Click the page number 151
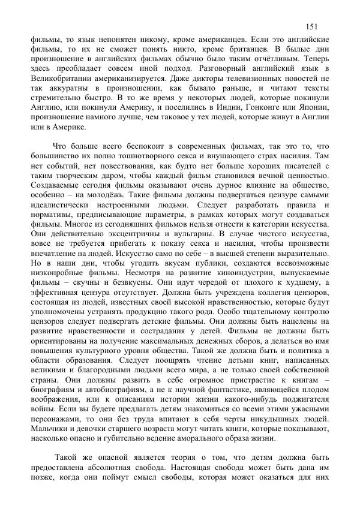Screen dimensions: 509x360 [311, 26]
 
